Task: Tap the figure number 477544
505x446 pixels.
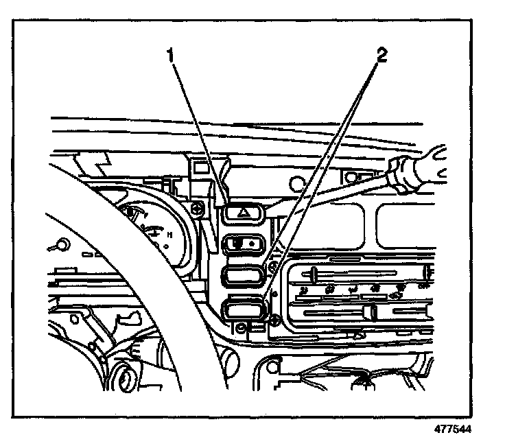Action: [454, 430]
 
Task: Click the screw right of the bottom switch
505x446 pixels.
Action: [274, 320]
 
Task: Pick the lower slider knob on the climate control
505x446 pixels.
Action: [374, 313]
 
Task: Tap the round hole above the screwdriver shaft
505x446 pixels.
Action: [296, 183]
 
